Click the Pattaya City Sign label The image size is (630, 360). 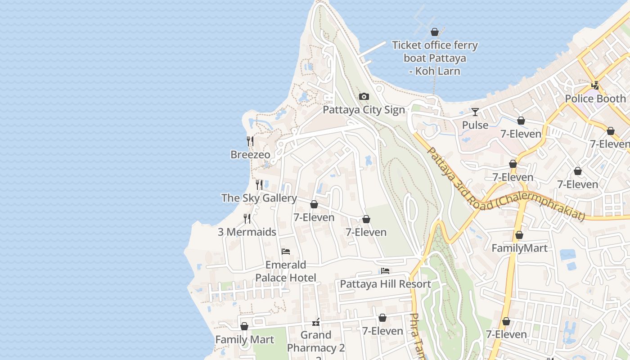364,110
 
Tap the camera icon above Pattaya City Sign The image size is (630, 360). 364,97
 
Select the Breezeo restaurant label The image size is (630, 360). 250,155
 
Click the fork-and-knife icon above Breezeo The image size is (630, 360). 250,141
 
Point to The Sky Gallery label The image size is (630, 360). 259,198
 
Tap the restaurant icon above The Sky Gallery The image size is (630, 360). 259,185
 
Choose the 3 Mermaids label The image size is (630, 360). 247,232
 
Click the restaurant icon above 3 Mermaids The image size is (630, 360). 247,219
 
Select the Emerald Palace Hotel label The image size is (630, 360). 286,271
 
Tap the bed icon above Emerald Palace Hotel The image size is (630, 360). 286,252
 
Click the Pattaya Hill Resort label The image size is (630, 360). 385,284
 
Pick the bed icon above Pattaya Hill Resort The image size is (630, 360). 385,271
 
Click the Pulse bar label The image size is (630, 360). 475,125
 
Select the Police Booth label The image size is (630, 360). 595,99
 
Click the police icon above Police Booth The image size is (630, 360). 595,85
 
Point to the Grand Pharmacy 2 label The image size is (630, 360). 316,342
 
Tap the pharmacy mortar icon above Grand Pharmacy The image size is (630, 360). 316,322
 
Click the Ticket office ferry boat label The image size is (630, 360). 435,58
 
